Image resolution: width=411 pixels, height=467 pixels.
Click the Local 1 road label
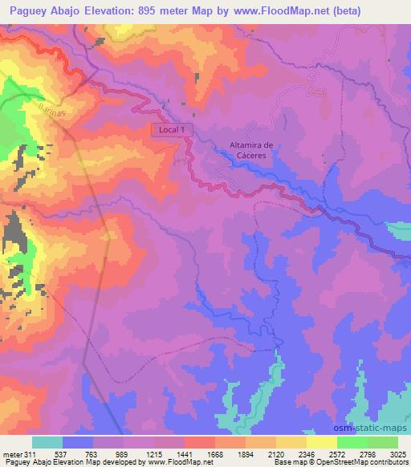point(173,129)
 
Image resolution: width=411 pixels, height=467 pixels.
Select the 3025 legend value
point(398,453)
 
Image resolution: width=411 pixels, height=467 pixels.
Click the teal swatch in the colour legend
point(47,442)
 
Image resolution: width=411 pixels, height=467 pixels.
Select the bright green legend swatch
point(352,442)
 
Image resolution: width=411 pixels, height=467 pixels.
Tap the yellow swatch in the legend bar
point(322,442)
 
